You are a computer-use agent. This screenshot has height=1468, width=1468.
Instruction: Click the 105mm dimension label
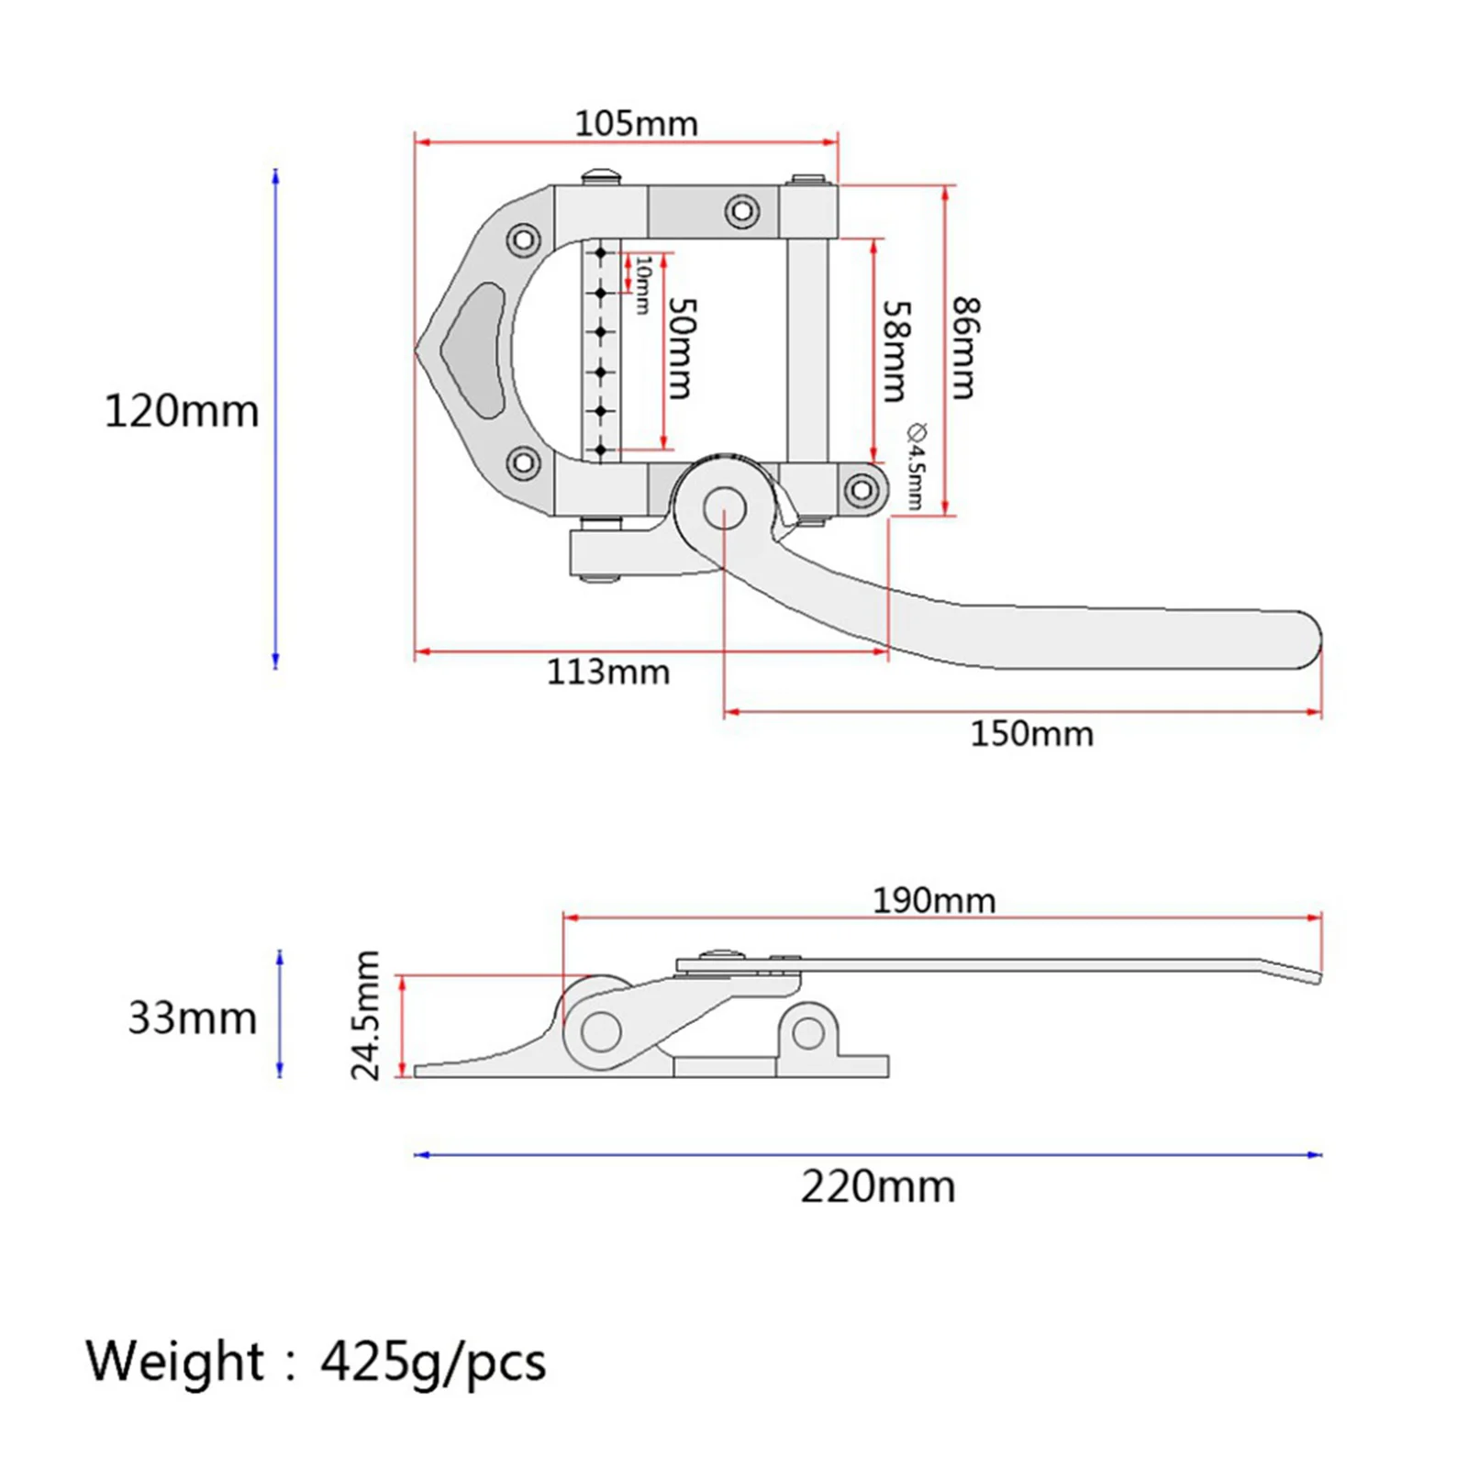(636, 124)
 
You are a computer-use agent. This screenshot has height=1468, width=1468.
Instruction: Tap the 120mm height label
(182, 411)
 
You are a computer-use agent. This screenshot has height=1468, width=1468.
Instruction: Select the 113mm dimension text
(608, 673)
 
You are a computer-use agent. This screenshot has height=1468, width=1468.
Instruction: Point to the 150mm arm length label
(1032, 734)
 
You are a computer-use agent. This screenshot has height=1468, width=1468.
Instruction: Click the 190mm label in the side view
(934, 901)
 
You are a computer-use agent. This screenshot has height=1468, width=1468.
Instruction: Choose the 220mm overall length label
(878, 1187)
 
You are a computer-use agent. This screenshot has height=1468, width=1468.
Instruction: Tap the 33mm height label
(192, 1018)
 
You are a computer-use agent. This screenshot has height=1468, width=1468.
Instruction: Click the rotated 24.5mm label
(366, 1016)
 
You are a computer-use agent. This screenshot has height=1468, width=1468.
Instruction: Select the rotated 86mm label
(965, 348)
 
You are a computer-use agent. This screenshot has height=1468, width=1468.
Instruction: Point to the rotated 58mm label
(895, 351)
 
